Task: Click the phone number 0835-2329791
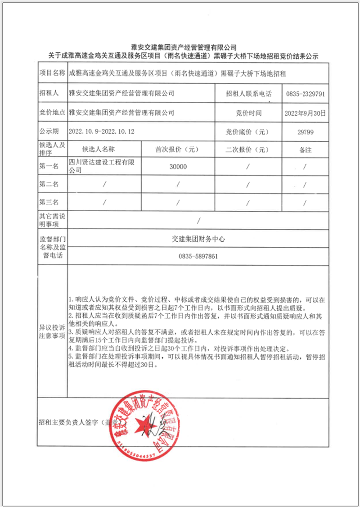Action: [x=306, y=94]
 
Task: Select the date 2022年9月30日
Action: [x=305, y=113]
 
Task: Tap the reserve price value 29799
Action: [x=306, y=132]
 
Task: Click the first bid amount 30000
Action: [x=178, y=167]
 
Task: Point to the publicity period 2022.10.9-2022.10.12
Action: [x=102, y=132]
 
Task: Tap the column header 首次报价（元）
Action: [x=178, y=149]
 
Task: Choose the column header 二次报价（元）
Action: [x=248, y=149]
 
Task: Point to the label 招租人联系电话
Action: [x=249, y=94]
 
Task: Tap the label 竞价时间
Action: [x=248, y=113]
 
